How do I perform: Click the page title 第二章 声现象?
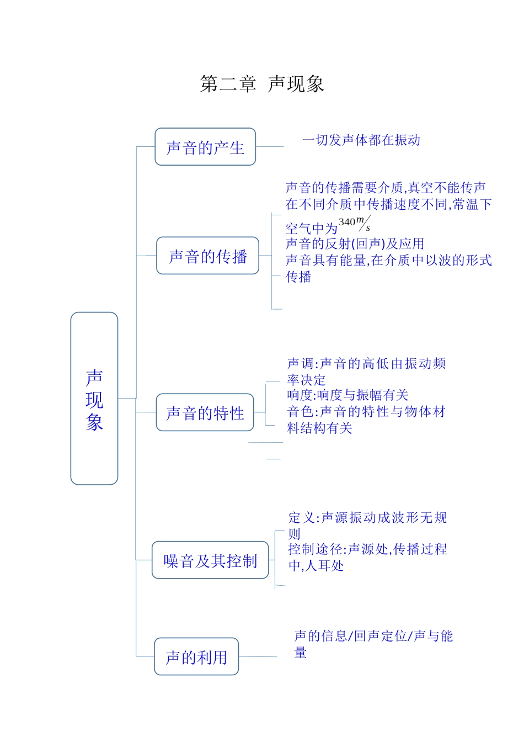tap(261, 84)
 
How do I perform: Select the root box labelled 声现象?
tap(94, 399)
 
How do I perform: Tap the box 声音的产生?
tap(205, 147)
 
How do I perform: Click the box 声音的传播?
tap(207, 256)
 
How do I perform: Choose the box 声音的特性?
tap(205, 412)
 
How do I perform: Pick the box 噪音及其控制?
tap(210, 560)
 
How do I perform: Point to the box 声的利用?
tap(196, 656)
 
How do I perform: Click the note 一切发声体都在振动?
tap(361, 140)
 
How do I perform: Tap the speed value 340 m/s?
tap(354, 223)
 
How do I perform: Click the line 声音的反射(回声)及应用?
tap(355, 243)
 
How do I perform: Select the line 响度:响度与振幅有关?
tap(347, 395)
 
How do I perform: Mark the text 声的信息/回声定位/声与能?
tap(373, 636)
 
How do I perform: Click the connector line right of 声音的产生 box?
tap(270, 147)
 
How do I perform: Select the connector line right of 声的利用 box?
tap(258, 656)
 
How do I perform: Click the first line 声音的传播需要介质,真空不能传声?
tap(386, 188)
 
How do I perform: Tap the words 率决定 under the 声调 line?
tap(306, 380)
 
